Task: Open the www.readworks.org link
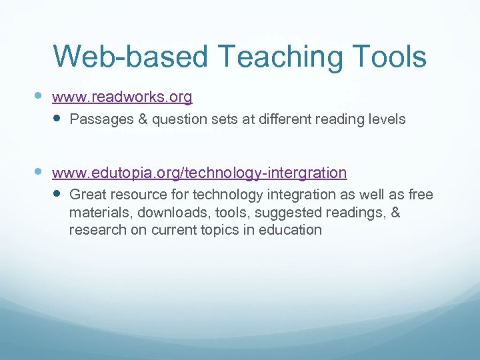122,97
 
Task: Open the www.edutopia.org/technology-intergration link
199,173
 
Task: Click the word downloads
168,213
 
